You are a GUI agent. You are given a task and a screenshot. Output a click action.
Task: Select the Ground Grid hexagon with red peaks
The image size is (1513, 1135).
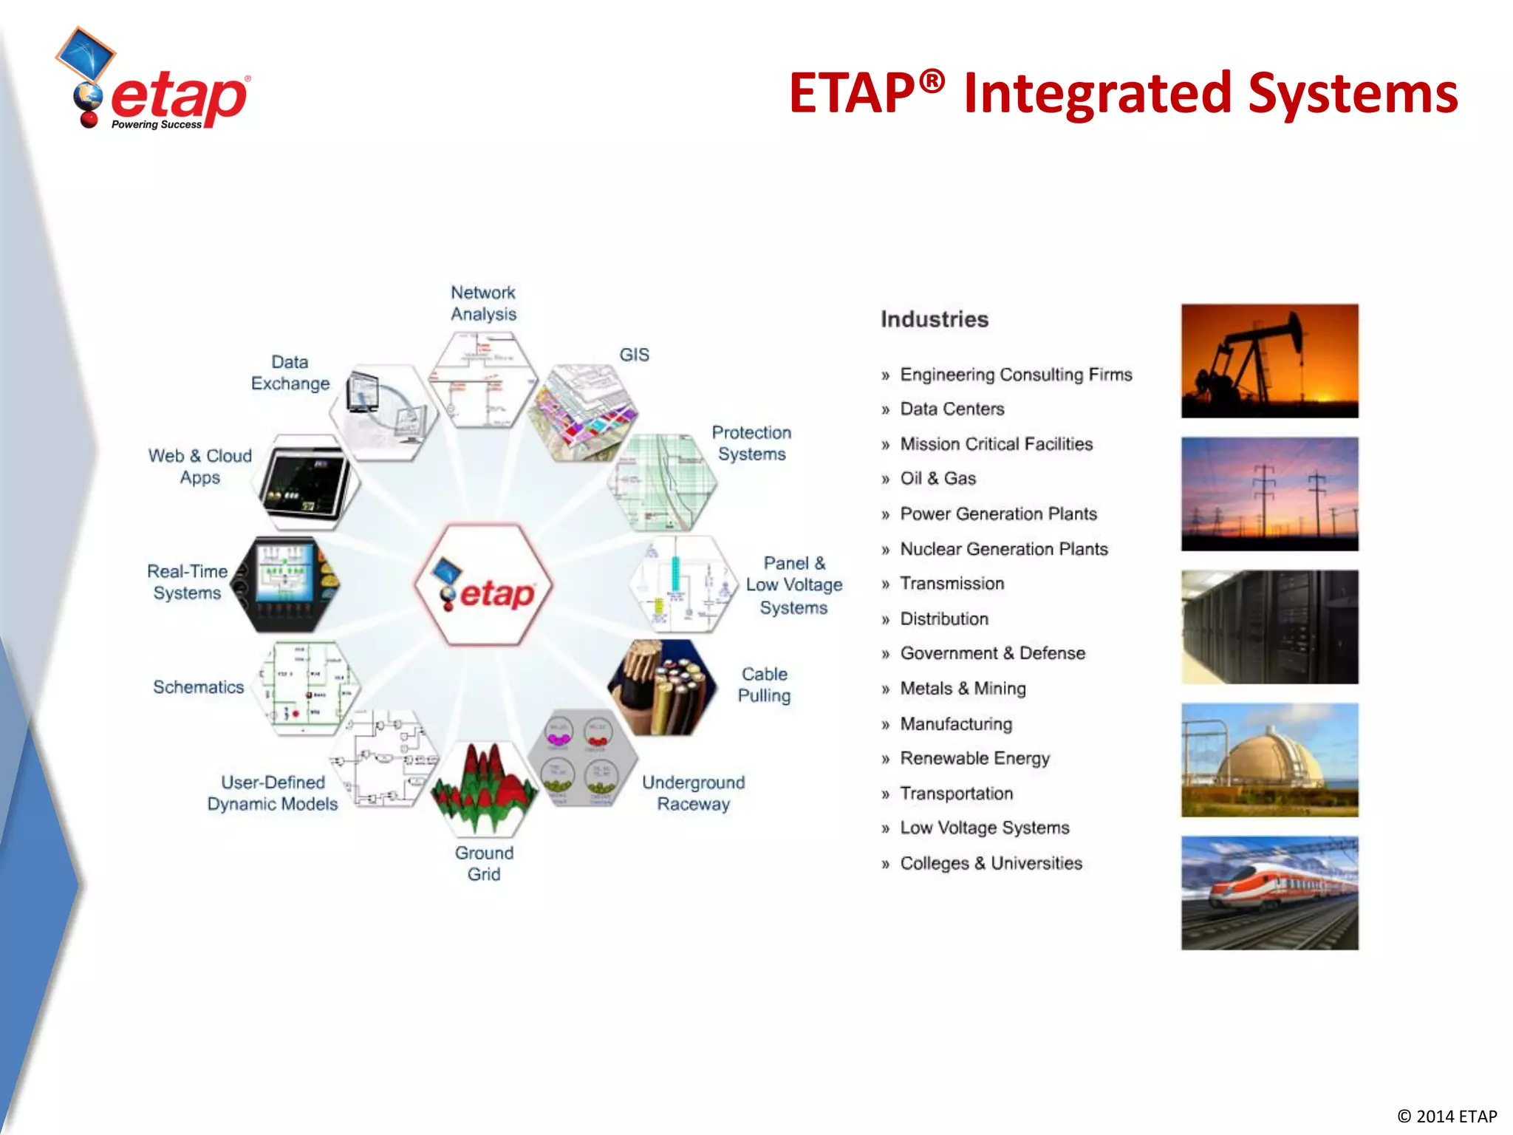484,788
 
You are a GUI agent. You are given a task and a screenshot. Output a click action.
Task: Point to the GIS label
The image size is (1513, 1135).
634,355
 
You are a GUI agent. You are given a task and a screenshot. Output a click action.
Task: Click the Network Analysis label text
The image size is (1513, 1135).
483,303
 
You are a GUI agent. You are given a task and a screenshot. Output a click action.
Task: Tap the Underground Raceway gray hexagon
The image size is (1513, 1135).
582,758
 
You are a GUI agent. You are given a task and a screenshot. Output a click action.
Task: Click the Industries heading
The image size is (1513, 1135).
934,319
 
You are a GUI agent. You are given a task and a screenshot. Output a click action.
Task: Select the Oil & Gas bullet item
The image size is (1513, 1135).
937,479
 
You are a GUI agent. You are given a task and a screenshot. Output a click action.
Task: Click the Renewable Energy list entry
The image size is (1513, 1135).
974,758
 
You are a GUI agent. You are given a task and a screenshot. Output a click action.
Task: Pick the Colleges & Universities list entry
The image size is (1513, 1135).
990,863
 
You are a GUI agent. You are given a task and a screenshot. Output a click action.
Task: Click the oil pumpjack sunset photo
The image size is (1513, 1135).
1269,361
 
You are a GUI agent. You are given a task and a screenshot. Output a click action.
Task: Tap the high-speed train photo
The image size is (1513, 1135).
1269,893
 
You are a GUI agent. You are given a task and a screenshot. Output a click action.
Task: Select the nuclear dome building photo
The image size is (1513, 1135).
1269,760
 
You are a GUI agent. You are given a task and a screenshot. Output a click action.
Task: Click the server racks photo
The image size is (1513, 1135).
1269,627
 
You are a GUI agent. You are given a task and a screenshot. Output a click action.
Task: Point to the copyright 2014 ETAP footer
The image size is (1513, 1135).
1447,1116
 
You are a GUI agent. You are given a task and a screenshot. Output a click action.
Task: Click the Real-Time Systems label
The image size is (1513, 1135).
187,582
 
